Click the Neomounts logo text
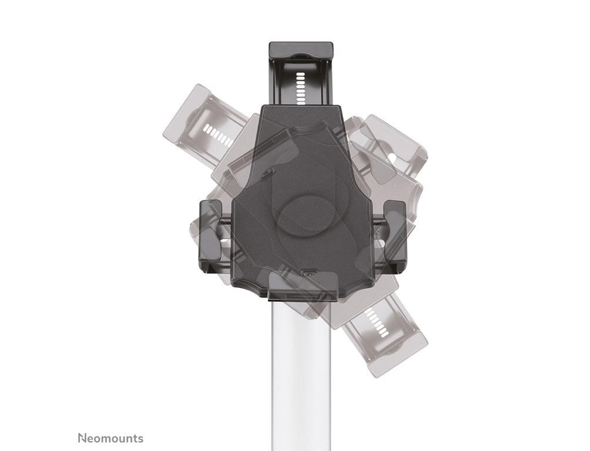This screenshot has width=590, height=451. tap(110, 438)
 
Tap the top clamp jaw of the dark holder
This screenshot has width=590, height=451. tap(301, 51)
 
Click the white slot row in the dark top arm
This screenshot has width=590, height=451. tap(300, 89)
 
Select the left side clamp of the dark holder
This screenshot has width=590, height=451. tap(211, 237)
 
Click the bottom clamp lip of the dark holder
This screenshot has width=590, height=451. tap(302, 287)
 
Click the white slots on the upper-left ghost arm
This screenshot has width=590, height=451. tap(218, 136)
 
